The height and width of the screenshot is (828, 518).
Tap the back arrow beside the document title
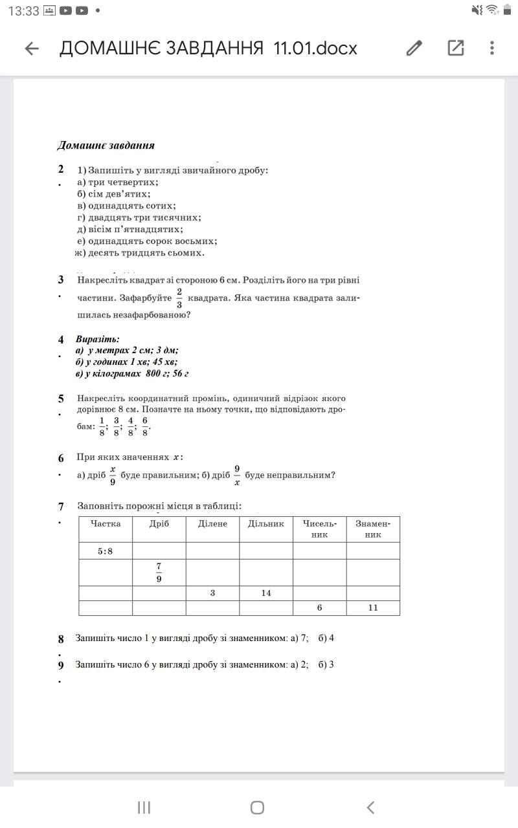tap(32, 49)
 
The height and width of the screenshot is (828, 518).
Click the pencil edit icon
tap(414, 48)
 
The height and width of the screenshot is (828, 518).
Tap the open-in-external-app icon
tap(456, 48)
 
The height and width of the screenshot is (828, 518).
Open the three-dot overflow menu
tap(492, 48)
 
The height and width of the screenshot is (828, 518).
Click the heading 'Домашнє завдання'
tap(106, 146)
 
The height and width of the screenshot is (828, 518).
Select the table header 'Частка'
tap(106, 523)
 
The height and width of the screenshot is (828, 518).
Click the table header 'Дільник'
tap(265, 523)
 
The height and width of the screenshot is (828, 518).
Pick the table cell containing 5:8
tap(106, 551)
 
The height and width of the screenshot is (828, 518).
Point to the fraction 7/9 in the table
tap(159, 572)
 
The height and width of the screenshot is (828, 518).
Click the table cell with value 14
tap(265, 593)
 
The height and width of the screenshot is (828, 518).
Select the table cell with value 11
tap(373, 607)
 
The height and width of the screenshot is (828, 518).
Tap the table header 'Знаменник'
tap(373, 528)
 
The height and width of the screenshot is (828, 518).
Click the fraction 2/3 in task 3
tap(179, 298)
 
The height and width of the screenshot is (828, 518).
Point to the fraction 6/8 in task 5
tap(145, 426)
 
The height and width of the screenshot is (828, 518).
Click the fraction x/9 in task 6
tap(113, 475)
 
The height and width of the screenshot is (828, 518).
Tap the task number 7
tap(61, 507)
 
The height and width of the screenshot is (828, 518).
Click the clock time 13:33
tap(25, 11)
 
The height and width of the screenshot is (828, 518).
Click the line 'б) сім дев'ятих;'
tap(114, 194)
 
